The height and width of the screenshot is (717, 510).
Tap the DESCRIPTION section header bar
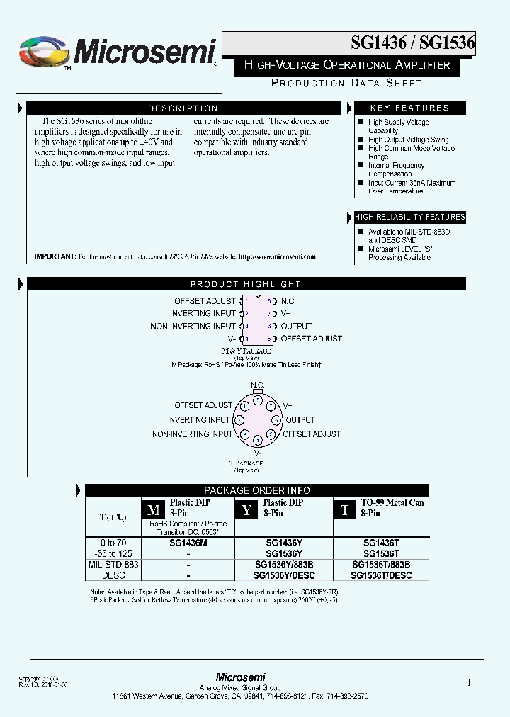(183, 108)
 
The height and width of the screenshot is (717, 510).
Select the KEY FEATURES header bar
(409, 108)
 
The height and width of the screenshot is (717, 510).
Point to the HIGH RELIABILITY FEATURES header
(409, 217)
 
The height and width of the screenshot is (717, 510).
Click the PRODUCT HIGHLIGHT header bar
(246, 284)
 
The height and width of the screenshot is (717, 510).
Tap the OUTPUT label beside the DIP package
(296, 326)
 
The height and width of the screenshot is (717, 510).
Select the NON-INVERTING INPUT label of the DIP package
(193, 326)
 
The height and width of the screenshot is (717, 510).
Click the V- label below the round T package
(258, 452)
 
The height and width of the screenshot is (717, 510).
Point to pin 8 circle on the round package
(258, 400)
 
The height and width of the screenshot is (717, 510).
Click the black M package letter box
(153, 510)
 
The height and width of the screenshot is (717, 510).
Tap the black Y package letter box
(246, 510)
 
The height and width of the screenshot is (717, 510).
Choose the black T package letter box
(344, 510)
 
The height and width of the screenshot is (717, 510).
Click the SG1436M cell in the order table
(188, 543)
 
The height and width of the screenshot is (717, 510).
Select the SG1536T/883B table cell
(381, 565)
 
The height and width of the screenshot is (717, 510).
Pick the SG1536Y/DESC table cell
(283, 576)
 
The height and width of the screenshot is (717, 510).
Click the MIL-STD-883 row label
(113, 565)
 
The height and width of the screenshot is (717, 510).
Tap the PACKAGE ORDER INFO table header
(256, 490)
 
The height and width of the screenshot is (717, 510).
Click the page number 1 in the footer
(469, 683)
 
